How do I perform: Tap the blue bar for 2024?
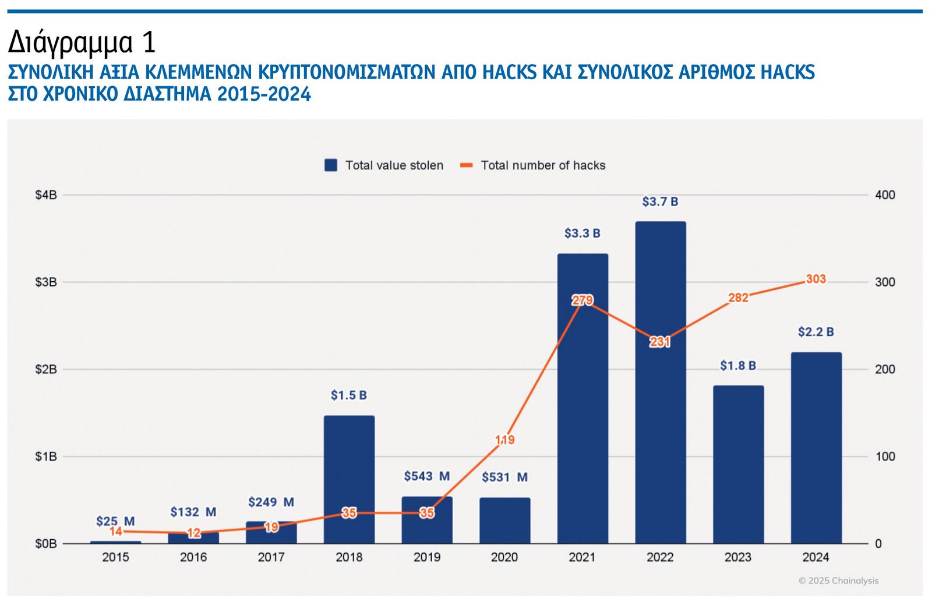(x=815, y=448)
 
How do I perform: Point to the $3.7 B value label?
(x=660, y=202)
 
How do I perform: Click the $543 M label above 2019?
(x=426, y=476)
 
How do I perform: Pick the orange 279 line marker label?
(x=582, y=300)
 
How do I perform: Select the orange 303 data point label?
(x=815, y=279)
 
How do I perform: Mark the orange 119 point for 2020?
(x=504, y=440)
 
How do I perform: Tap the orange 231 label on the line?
(x=660, y=342)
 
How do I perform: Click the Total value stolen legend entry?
(x=384, y=165)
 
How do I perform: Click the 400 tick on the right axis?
(x=885, y=195)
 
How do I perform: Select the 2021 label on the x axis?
(x=582, y=558)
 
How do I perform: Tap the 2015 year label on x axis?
(x=115, y=558)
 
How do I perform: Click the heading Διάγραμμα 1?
(x=82, y=43)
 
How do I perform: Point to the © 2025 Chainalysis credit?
(x=838, y=581)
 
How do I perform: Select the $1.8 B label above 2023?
(x=737, y=366)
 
